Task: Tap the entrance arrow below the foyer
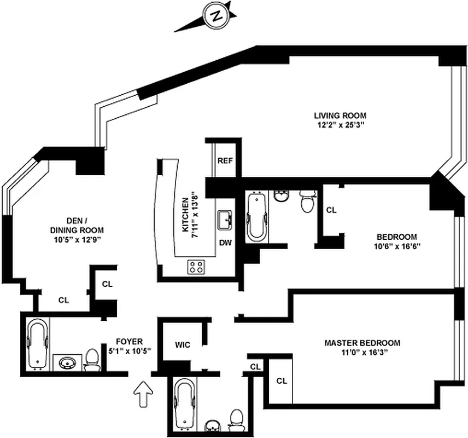[x=144, y=394]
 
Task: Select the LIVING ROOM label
[x=340, y=116]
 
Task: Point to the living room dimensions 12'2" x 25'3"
[x=340, y=125]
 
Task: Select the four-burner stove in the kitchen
[x=197, y=267]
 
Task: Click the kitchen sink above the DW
[x=225, y=221]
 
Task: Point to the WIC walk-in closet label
[x=183, y=345]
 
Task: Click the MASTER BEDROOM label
[x=362, y=343]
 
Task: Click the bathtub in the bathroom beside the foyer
[x=38, y=344]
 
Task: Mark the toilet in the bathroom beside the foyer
[x=93, y=360]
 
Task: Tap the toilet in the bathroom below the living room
[x=308, y=201]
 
